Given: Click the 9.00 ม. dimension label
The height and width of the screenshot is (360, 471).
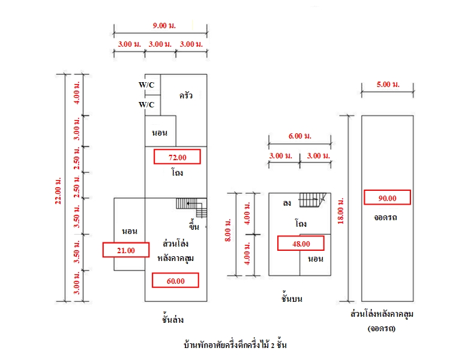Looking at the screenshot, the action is [x=164, y=26].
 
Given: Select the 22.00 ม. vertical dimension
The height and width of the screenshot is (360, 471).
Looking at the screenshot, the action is [x=58, y=191].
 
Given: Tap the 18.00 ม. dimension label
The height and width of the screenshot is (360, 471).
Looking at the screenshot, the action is [x=340, y=211].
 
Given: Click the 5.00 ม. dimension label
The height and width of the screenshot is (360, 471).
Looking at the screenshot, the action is [x=388, y=85].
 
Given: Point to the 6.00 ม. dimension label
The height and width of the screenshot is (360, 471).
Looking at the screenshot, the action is [x=300, y=136].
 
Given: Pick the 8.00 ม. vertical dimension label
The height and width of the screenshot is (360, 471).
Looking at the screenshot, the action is [x=227, y=230].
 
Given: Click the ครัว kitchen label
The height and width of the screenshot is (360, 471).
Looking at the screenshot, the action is [x=185, y=95].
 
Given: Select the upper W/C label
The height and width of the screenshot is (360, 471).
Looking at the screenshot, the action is [x=146, y=85].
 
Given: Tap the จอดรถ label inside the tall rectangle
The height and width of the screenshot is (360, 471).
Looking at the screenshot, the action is [x=385, y=217].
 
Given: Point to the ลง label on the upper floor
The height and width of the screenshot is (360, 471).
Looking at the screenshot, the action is [x=287, y=203].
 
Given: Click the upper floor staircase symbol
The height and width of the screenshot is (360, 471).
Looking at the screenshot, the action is [x=313, y=200].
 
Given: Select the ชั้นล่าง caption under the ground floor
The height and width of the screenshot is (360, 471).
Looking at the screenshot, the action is [x=173, y=319].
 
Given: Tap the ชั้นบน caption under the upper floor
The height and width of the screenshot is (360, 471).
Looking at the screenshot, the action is [x=292, y=298].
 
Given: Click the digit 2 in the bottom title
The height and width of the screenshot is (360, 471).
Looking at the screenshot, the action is [x=272, y=345].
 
